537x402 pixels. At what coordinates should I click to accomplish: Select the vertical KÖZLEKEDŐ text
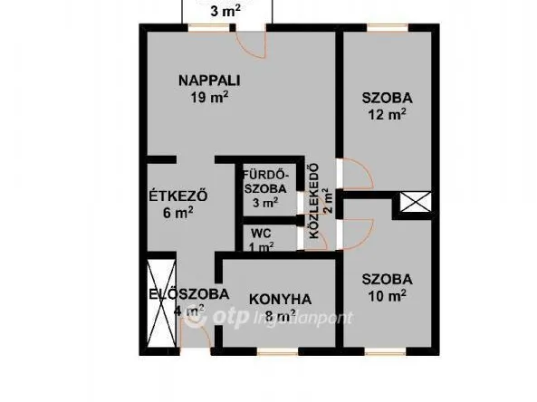point(313,200)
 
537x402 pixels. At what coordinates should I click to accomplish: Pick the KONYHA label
point(280,299)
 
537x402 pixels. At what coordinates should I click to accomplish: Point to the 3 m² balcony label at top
point(225,12)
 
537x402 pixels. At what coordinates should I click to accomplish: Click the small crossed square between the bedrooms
point(414,205)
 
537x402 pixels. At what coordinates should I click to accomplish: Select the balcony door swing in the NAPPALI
point(248,40)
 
